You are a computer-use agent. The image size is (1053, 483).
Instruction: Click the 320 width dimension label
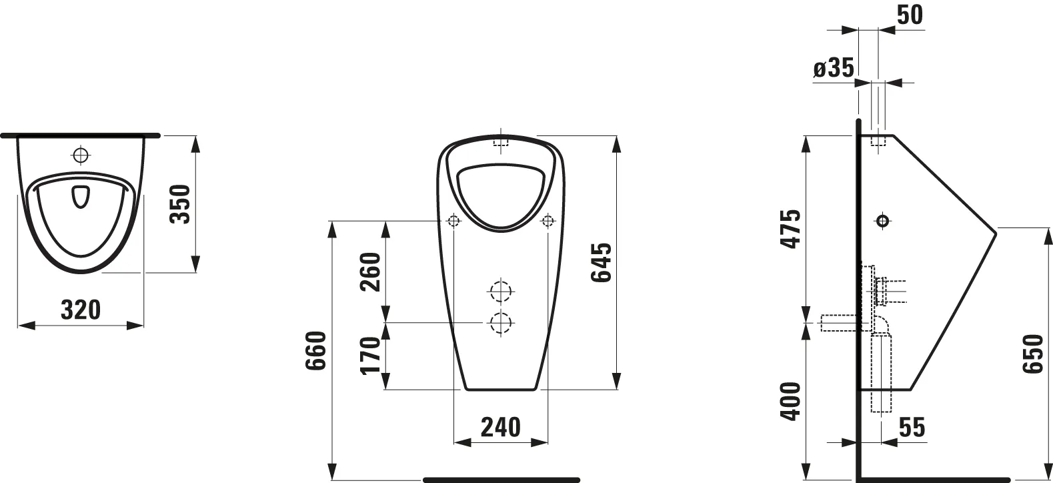pyautogui.click(x=80, y=310)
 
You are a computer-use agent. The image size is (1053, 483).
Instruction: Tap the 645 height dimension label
pyautogui.click(x=600, y=262)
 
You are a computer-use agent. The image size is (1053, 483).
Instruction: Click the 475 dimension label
pyautogui.click(x=789, y=229)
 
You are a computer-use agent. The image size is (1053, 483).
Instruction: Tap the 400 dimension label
pyautogui.click(x=789, y=401)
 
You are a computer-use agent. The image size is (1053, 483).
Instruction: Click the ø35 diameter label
pyautogui.click(x=834, y=68)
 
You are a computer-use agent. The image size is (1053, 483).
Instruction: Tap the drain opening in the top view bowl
pyautogui.click(x=80, y=196)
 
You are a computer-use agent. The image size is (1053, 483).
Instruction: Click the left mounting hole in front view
pyautogui.click(x=453, y=220)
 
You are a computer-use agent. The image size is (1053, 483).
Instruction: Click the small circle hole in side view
pyautogui.click(x=882, y=220)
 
